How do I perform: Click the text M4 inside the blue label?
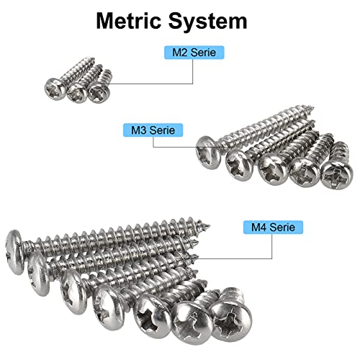tap(257, 228)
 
